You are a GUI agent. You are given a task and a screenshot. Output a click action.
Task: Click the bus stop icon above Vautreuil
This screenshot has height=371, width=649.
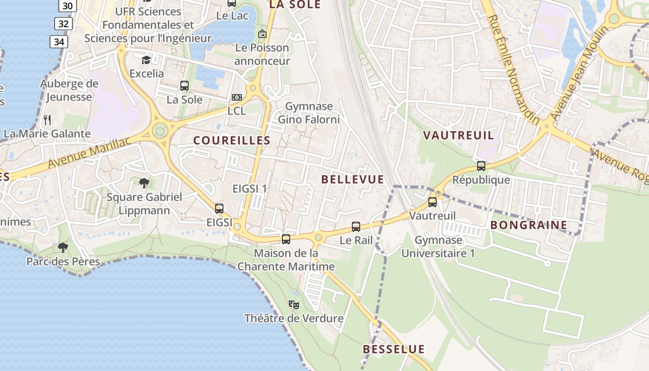point(433,202)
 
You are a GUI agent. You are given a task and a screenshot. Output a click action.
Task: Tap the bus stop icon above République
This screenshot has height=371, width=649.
point(481,166)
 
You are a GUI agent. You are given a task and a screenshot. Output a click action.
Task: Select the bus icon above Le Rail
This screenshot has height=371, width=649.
point(356,227)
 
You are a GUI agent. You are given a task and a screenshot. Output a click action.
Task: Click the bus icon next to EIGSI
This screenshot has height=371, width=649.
point(219,209)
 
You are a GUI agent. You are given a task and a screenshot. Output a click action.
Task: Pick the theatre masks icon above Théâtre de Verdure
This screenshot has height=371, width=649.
point(293,305)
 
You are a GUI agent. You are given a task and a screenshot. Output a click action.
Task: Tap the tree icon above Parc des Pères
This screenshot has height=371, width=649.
point(63,248)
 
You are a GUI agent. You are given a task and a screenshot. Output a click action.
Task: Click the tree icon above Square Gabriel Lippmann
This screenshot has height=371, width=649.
point(144,183)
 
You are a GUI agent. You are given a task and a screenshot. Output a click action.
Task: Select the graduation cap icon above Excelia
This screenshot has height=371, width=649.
point(146,60)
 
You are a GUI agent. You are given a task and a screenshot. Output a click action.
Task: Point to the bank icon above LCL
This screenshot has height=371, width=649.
point(236,97)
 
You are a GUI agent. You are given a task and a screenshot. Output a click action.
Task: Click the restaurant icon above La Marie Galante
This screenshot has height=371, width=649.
point(47,120)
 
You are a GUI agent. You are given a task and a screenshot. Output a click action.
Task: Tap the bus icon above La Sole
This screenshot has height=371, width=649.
point(185,86)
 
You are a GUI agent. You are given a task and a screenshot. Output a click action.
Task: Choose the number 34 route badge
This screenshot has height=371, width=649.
point(59,42)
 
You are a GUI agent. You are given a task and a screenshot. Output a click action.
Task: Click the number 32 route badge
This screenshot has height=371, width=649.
point(64,24)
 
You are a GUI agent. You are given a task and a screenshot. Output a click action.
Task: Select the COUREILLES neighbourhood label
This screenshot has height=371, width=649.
point(232,141)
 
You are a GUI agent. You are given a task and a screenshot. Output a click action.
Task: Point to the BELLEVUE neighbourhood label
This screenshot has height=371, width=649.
point(352,179)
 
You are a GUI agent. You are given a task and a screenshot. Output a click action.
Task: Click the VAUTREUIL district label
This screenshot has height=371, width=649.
point(458,135)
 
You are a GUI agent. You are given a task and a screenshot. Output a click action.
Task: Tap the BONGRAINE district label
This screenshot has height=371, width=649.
point(528,225)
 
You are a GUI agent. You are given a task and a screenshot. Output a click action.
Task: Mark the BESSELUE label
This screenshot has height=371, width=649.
point(394,349)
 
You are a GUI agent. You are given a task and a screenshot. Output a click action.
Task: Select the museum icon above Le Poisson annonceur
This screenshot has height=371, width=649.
point(262,34)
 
